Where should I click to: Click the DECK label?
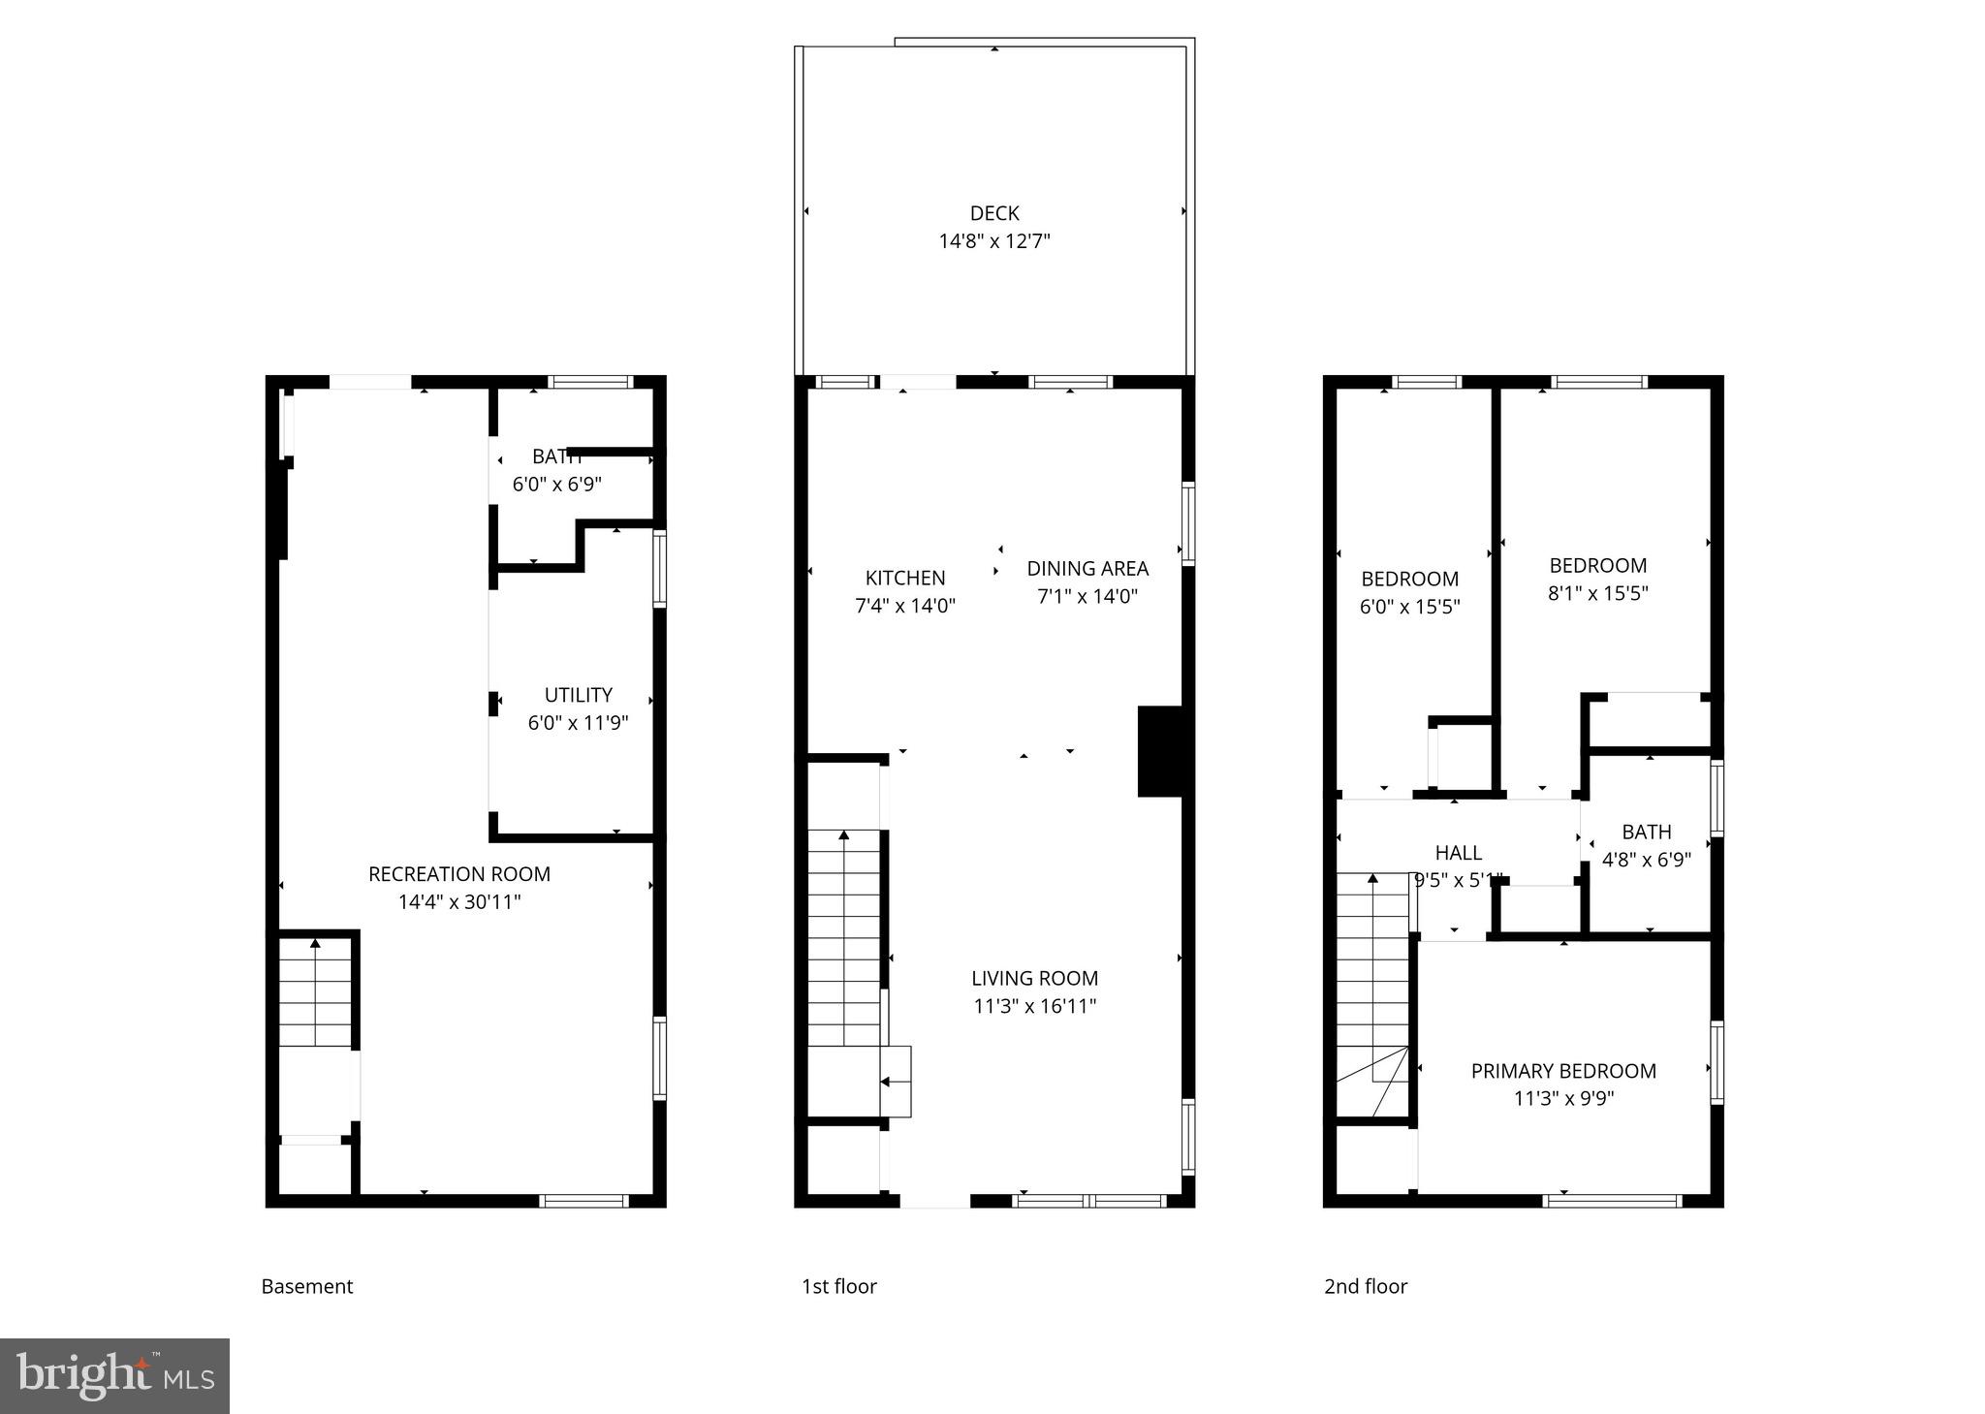coord(994,213)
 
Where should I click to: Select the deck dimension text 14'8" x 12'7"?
coord(994,241)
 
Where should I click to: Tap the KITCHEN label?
coord(905,579)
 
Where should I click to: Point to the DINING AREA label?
coord(1087,569)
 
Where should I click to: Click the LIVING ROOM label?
coord(1034,979)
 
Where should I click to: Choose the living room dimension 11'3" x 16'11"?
coord(1034,1007)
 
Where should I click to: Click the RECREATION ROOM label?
coord(459,874)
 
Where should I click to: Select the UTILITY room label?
coord(578,695)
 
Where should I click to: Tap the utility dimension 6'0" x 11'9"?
coord(578,723)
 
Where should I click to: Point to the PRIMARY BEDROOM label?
coord(1563,1071)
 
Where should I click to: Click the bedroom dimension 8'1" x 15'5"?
coord(1597,593)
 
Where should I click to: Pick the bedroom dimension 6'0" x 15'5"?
coord(1409,607)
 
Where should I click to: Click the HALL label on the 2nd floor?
coord(1458,853)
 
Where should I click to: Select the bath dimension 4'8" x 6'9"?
coord(1646,860)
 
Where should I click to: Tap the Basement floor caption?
coord(307,1286)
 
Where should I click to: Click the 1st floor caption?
coord(838,1286)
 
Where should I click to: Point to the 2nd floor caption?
coord(1366,1286)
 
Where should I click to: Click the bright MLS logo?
coord(114,1376)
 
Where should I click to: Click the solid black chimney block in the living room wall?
coord(1159,751)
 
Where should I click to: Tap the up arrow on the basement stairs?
coord(315,942)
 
